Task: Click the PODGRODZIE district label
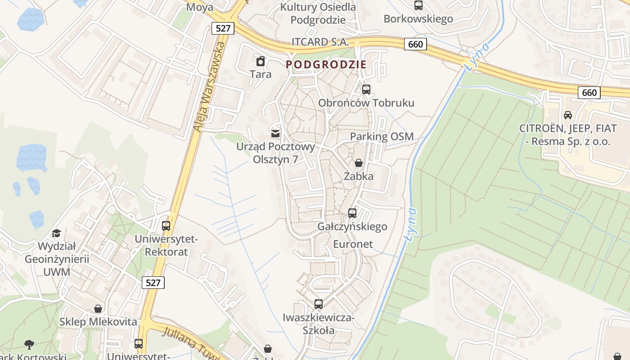tap(326, 64)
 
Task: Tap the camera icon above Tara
tap(261, 61)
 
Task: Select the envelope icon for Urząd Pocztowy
tap(275, 133)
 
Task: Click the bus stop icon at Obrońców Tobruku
tap(366, 89)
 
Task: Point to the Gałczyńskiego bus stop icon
tap(352, 213)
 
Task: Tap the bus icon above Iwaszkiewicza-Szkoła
tap(319, 304)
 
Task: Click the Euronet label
tap(353, 244)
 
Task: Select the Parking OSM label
tap(382, 136)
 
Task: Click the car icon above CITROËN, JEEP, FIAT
tap(568, 115)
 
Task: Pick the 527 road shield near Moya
tap(223, 28)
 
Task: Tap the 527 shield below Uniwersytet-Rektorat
tap(153, 283)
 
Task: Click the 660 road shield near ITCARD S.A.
tap(415, 44)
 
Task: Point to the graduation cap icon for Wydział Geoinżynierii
tap(56, 233)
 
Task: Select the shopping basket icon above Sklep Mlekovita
tap(98, 309)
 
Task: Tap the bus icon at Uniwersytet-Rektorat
tap(166, 225)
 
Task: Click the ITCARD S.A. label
tap(320, 42)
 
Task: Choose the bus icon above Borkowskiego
tap(418, 5)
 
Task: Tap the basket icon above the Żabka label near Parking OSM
tap(359, 163)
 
